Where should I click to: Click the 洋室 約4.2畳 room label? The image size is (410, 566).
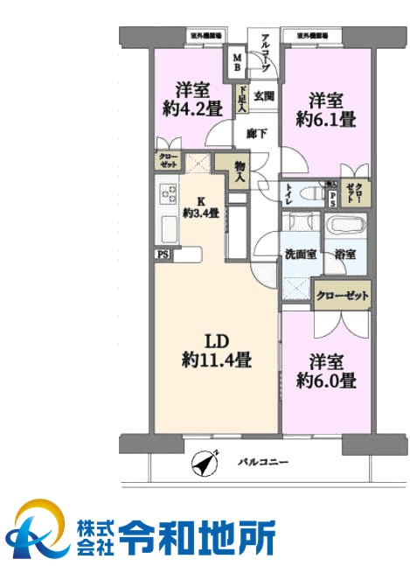(x=191, y=99)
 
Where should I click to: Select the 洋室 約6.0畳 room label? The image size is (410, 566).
(x=325, y=371)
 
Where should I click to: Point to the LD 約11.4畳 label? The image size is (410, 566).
(x=217, y=348)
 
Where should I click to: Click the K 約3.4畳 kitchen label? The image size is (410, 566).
(x=199, y=206)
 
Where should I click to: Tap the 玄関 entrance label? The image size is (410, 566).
(x=263, y=97)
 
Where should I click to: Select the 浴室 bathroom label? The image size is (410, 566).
(x=344, y=255)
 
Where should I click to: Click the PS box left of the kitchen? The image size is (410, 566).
(x=163, y=255)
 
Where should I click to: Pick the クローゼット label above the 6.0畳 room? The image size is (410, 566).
(x=342, y=296)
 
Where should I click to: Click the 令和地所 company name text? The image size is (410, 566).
(x=198, y=533)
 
